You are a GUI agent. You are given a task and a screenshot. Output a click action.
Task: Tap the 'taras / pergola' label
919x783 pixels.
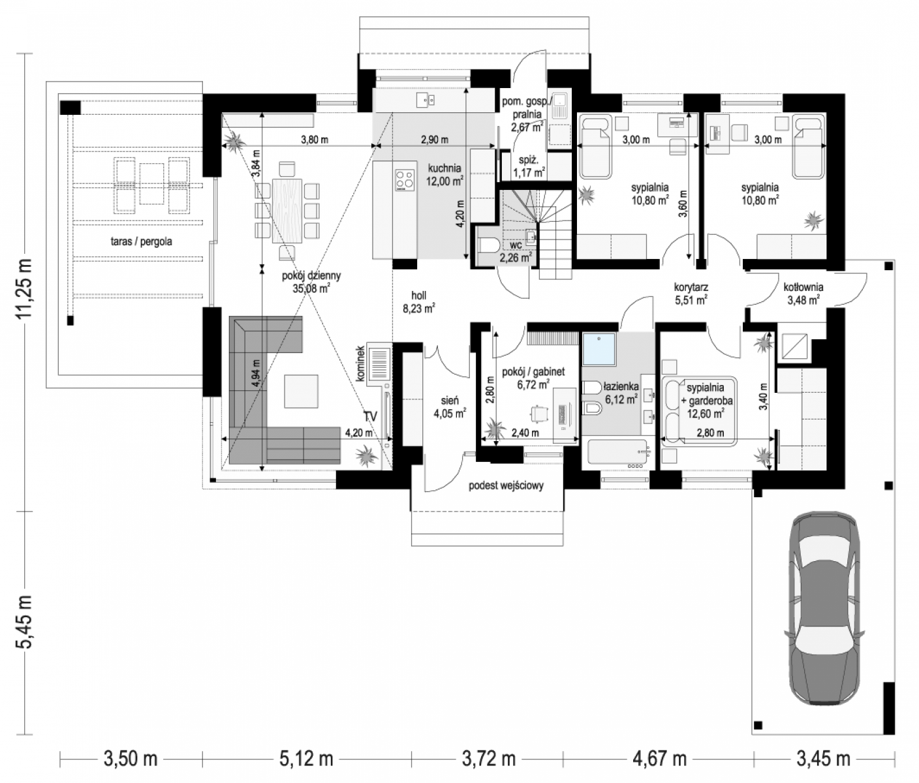tap(142, 241)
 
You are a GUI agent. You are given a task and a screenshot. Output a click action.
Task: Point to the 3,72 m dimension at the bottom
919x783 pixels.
tap(489, 759)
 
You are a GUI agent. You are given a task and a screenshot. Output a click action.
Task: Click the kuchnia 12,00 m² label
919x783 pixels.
tap(444, 175)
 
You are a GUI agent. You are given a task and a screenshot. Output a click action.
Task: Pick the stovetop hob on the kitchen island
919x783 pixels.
tap(405, 181)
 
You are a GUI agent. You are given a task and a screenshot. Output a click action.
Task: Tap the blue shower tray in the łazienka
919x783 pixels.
tap(599, 349)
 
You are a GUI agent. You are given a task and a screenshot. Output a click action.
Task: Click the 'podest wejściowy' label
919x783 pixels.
tap(506, 485)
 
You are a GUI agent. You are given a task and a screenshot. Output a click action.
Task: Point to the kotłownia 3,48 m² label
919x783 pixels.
tap(803, 294)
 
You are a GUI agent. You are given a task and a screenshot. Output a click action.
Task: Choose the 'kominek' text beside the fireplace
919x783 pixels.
tap(360, 363)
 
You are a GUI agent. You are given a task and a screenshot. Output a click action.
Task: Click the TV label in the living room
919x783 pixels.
tap(370, 416)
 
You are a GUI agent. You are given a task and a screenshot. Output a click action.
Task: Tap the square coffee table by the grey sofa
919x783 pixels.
tap(301, 391)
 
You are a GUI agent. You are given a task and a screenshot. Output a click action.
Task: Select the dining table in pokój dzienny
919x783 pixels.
tap(287, 210)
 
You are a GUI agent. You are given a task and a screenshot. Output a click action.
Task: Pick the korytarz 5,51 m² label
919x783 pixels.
tap(691, 294)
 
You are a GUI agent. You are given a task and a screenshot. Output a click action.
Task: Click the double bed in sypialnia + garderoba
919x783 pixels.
tap(699, 412)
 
